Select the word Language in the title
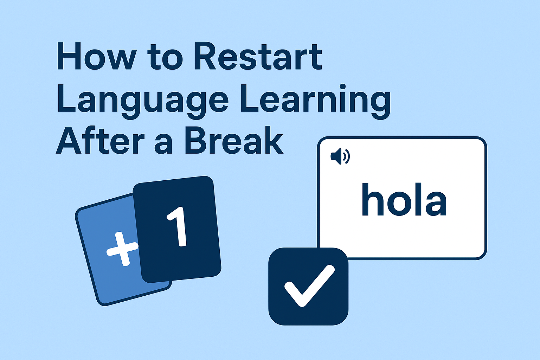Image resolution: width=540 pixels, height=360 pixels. (142, 100)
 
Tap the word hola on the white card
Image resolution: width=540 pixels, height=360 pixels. (404, 199)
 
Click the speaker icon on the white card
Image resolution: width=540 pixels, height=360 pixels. (340, 156)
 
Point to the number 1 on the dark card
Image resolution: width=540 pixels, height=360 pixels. (178, 227)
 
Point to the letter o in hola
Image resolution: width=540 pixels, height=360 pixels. (399, 204)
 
